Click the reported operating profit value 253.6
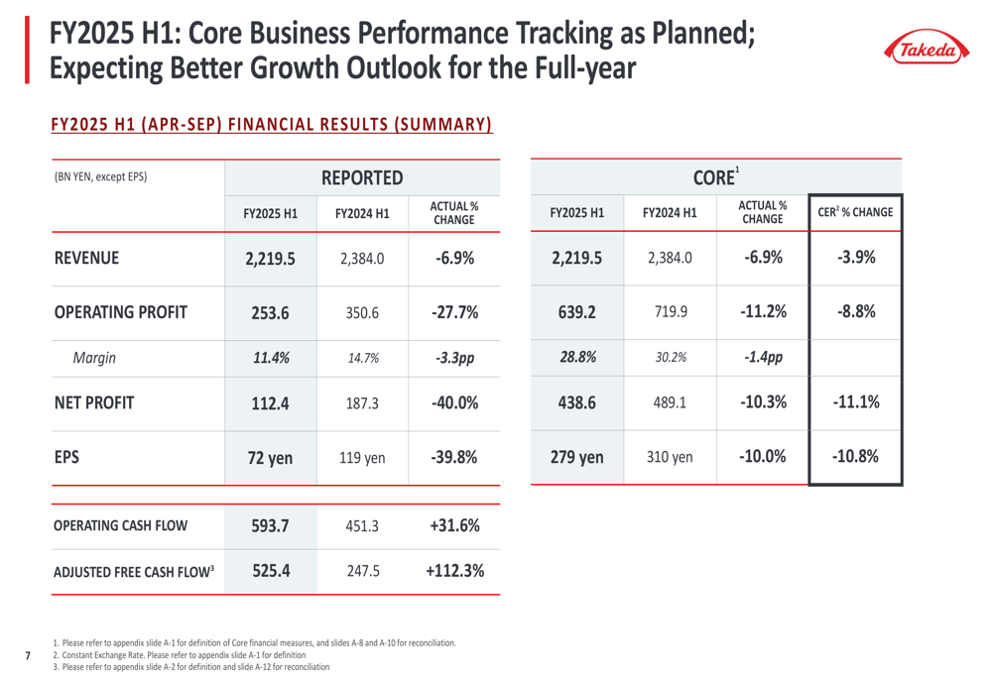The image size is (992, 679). (x=271, y=312)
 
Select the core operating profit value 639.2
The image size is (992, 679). (x=577, y=312)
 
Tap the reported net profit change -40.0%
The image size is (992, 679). (x=454, y=402)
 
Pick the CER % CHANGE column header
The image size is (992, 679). (x=855, y=212)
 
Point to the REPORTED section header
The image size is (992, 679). (x=362, y=178)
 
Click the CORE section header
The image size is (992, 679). (x=717, y=178)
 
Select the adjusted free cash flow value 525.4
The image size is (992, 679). (x=271, y=571)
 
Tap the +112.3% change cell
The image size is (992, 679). (x=454, y=571)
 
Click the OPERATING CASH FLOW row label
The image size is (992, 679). (x=120, y=525)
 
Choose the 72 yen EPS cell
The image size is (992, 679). (x=271, y=458)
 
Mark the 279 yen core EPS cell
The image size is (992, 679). (x=577, y=458)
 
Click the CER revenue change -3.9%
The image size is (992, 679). (x=855, y=259)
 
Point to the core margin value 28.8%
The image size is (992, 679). (x=577, y=358)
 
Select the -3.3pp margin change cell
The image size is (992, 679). (x=454, y=358)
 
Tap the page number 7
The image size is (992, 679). (x=28, y=654)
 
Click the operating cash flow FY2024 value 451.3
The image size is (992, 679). (x=362, y=525)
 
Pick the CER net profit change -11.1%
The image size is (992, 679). (x=855, y=402)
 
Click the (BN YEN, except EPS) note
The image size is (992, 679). (x=100, y=177)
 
